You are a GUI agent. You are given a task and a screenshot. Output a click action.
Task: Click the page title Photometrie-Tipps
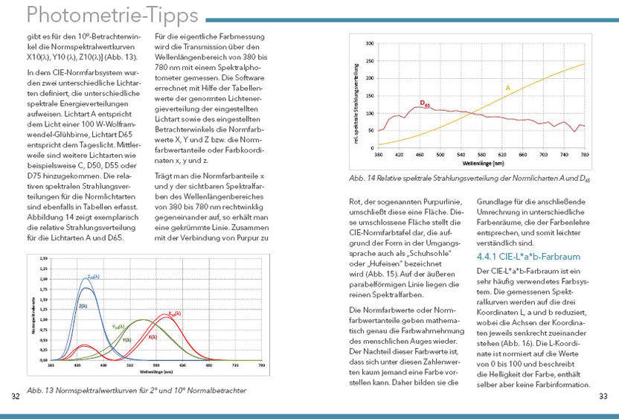pyautogui.click(x=102, y=15)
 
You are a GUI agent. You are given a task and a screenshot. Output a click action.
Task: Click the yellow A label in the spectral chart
pyautogui.click(x=508, y=88)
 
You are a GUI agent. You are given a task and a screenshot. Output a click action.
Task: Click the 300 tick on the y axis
pyautogui.click(x=370, y=44)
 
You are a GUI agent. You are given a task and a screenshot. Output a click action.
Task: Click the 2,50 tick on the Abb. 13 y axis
pyautogui.click(x=43, y=258)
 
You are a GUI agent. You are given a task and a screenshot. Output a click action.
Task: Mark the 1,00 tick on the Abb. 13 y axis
pyautogui.click(x=43, y=319)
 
